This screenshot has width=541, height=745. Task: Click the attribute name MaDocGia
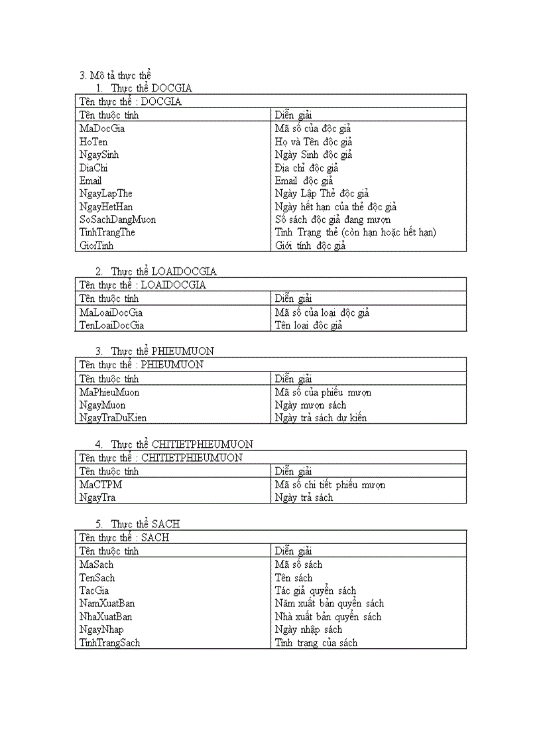point(102,129)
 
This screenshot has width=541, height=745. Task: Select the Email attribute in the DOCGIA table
point(91,180)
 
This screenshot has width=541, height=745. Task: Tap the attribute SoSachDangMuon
point(117,220)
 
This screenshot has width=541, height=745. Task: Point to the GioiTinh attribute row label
point(97,245)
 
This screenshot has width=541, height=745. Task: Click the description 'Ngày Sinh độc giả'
point(314,155)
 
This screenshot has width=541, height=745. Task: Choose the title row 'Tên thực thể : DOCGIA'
point(130,102)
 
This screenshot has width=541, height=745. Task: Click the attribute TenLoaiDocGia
point(111,325)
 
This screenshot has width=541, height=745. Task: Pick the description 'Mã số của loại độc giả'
point(322,312)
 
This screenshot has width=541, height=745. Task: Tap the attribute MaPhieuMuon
point(109,392)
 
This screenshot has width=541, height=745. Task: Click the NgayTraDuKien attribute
point(113,418)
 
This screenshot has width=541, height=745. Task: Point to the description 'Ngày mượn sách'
point(310,405)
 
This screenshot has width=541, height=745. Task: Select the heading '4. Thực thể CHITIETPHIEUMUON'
point(174,444)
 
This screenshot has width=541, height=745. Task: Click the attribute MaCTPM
point(101,485)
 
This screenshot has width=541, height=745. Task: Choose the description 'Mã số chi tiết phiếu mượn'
point(330,485)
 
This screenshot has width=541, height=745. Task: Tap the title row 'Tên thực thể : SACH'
point(124,537)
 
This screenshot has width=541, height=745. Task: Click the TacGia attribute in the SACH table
point(94,590)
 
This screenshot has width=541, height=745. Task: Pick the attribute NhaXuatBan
point(106,616)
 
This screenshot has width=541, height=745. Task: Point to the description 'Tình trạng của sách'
point(316,643)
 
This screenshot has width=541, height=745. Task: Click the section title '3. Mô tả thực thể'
point(115,75)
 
